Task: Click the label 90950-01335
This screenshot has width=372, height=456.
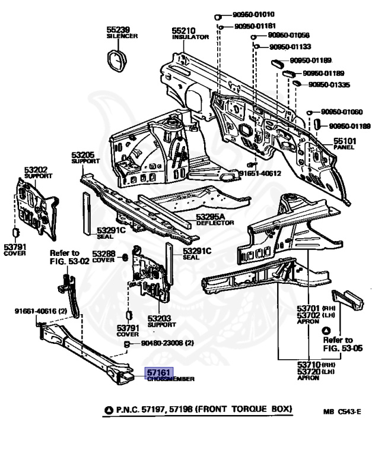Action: tap(329, 85)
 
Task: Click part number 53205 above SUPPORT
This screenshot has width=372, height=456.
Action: tap(84, 154)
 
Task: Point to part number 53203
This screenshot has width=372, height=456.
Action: tap(160, 318)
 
